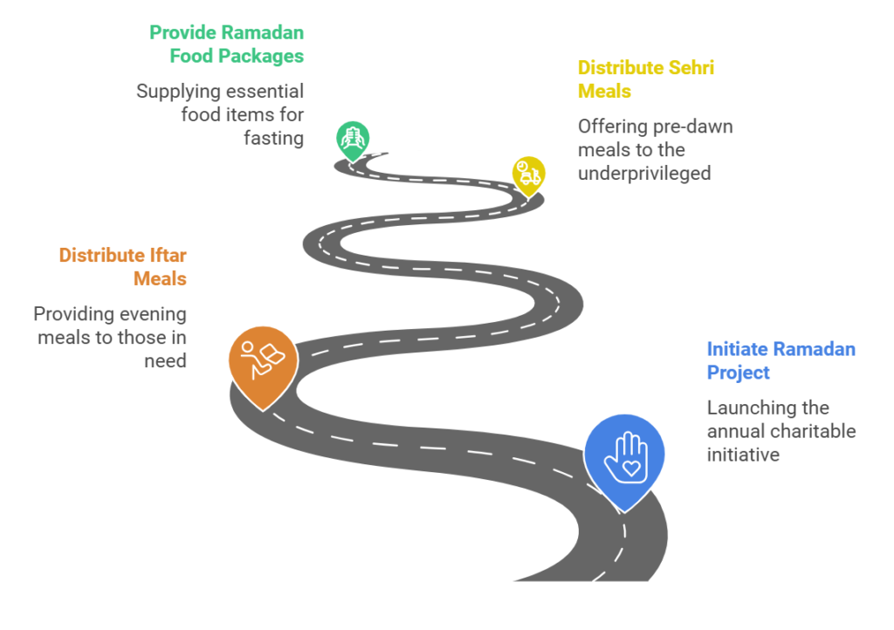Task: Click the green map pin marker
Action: pos(353,140)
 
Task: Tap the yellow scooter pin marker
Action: pos(528,175)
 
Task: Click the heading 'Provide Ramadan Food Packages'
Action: pos(226,45)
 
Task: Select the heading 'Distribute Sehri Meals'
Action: pos(646,79)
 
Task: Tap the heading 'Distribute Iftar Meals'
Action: pos(122,267)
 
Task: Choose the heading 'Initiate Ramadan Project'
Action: pos(781,360)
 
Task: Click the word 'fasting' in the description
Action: pos(273,139)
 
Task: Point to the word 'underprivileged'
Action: pos(644,173)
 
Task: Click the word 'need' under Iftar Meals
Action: pos(165,361)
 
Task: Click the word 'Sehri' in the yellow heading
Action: pos(691,68)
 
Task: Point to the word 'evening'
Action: pos(154,314)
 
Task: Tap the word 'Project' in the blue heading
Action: pos(739,373)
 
